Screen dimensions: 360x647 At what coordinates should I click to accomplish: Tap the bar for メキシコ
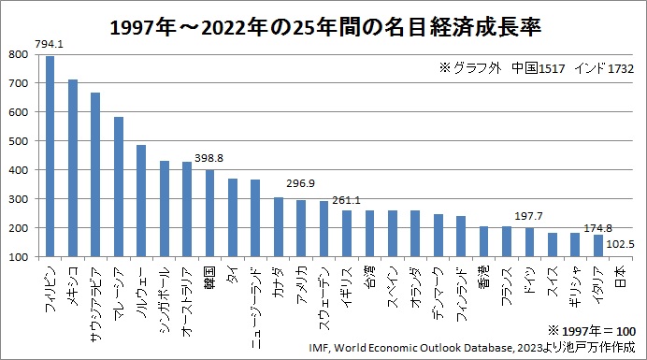tap(73, 168)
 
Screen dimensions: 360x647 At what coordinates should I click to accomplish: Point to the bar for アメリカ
tap(301, 228)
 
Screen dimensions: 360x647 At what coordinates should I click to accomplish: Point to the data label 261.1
tap(346, 199)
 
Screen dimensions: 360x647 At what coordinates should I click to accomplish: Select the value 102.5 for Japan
tap(621, 244)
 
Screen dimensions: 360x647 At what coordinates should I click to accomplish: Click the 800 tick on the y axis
tap(21, 54)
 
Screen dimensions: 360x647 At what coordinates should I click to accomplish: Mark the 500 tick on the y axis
tap(21, 141)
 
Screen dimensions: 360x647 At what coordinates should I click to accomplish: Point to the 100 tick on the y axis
tap(21, 257)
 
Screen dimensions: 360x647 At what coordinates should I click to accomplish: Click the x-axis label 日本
tap(621, 278)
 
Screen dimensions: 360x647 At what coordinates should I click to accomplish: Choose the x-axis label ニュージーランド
tap(255, 297)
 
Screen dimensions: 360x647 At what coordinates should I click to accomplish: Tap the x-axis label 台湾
tap(369, 278)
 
